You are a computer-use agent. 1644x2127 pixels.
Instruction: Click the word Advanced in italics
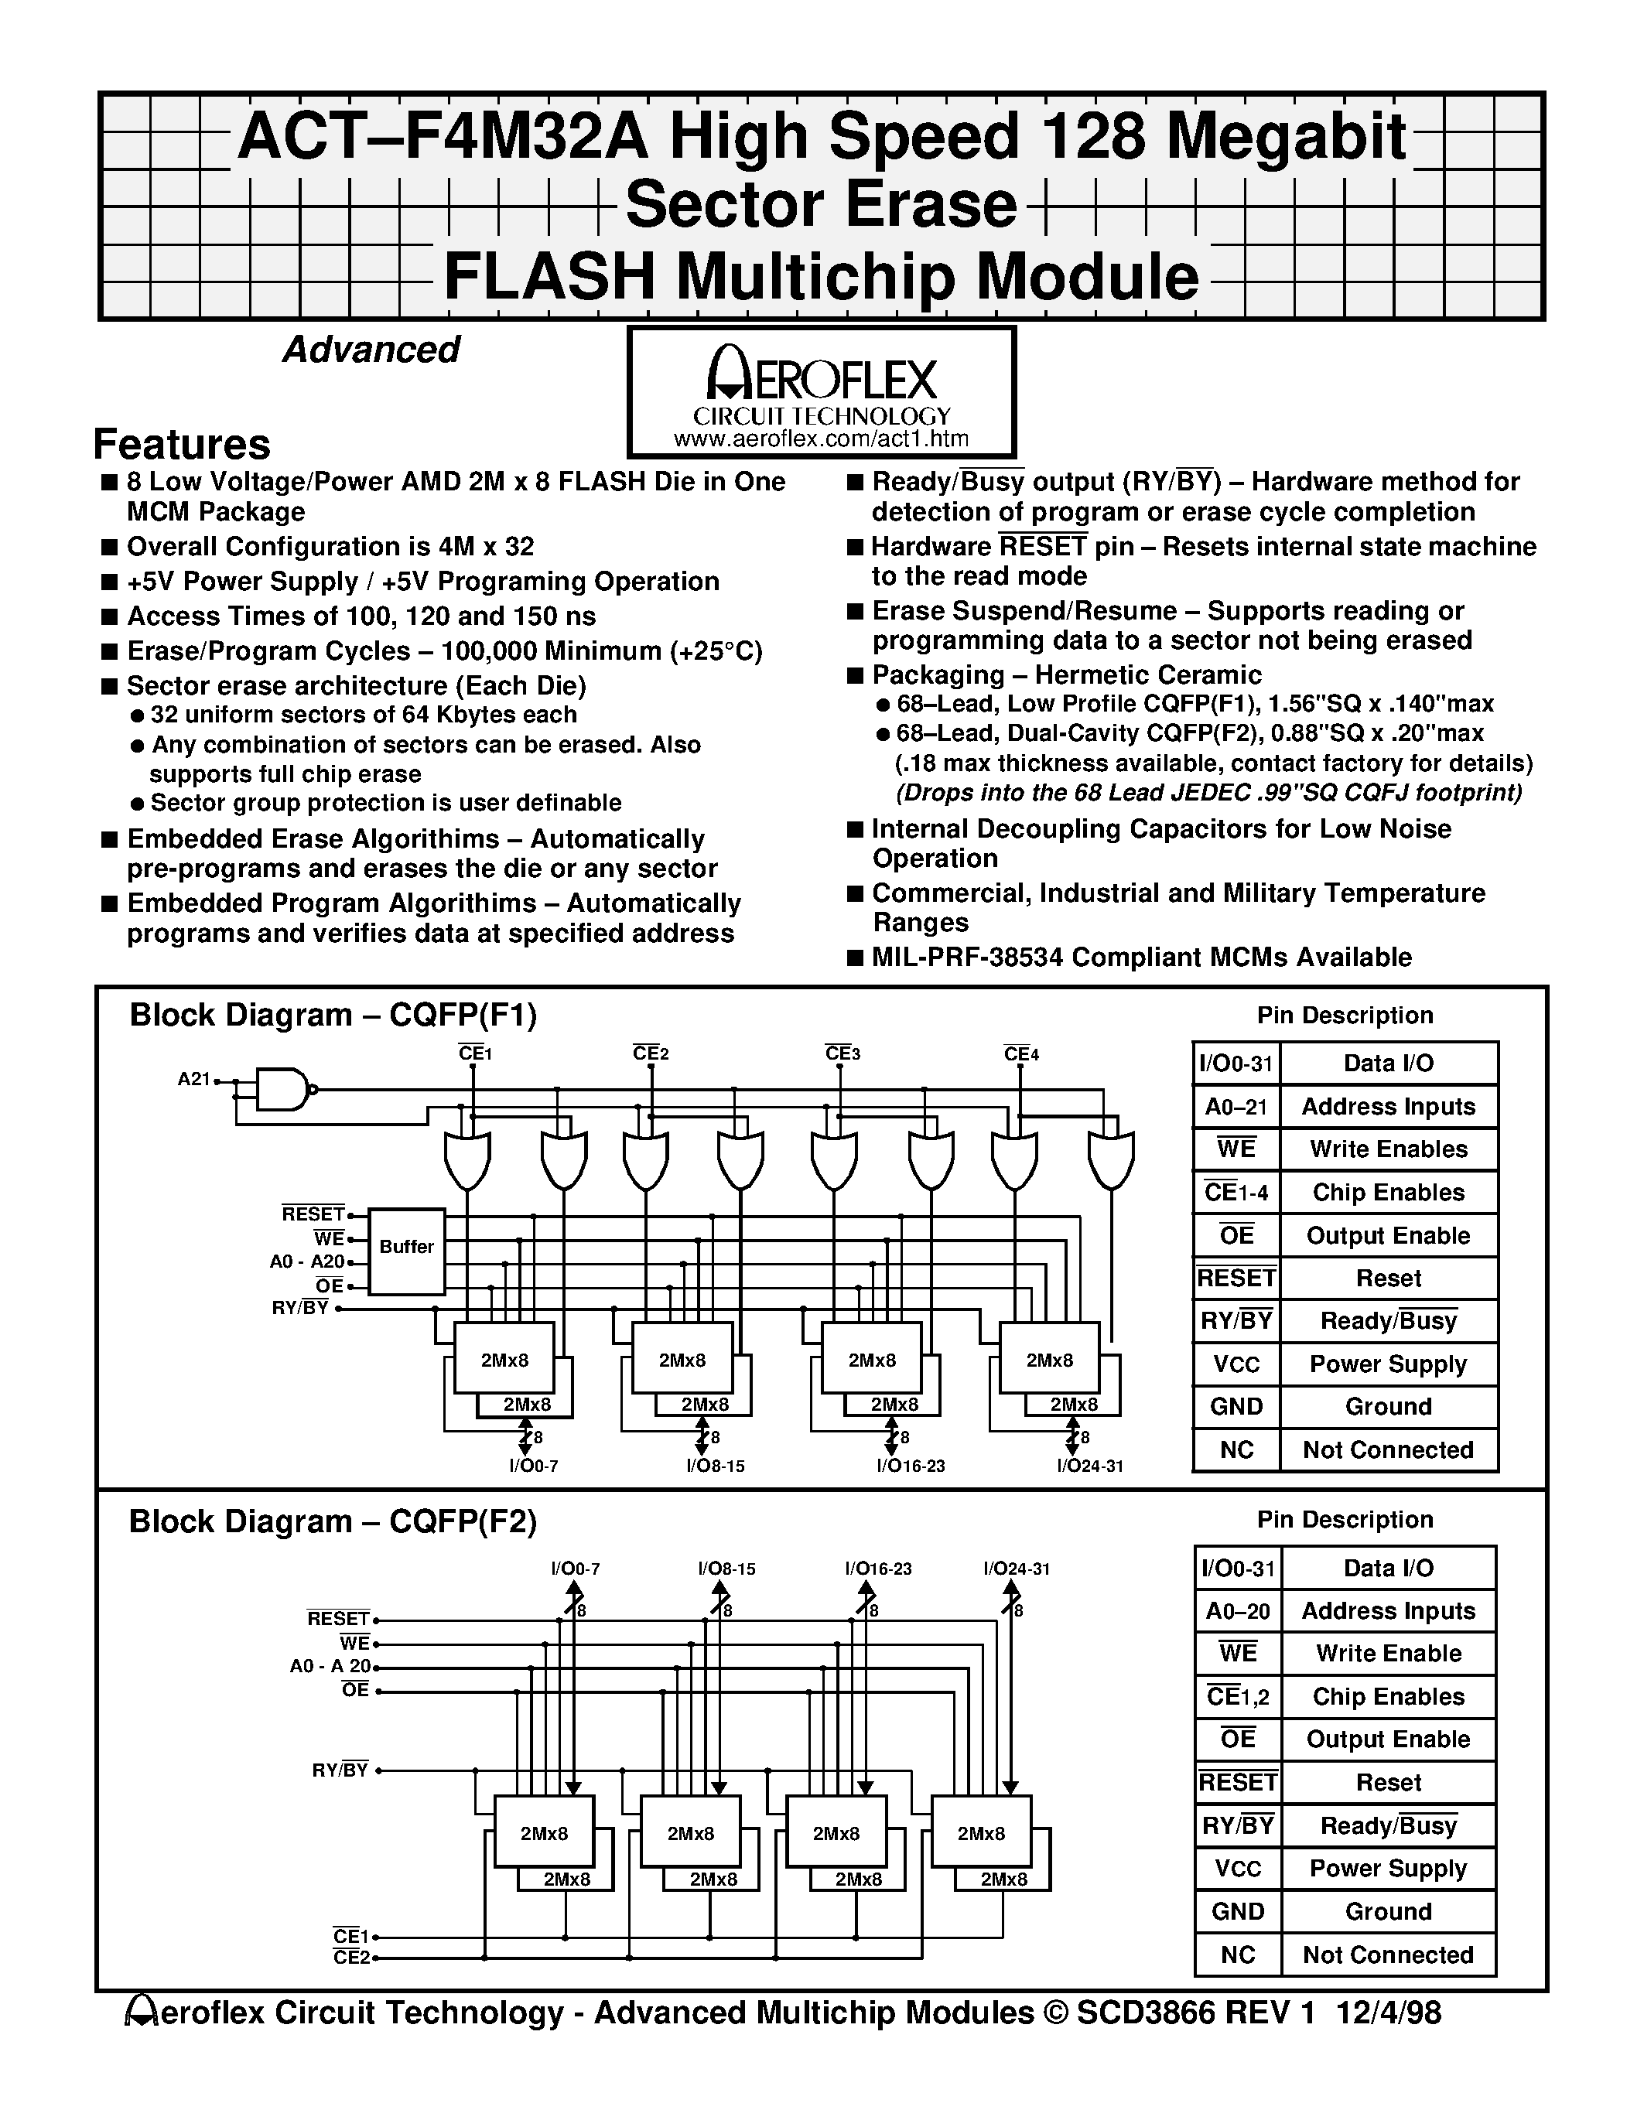click(x=371, y=350)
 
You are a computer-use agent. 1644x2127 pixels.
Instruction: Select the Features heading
click(x=181, y=444)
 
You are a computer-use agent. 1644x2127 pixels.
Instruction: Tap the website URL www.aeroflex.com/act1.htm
click(x=821, y=439)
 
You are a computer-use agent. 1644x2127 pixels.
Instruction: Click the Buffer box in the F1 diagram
click(x=407, y=1247)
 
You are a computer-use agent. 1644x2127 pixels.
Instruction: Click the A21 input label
click(x=194, y=1079)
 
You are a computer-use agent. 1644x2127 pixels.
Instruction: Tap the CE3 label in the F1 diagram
click(x=842, y=1053)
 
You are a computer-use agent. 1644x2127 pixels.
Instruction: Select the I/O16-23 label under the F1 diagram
click(x=911, y=1466)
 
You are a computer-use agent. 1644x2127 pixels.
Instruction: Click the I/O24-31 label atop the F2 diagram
click(x=1016, y=1569)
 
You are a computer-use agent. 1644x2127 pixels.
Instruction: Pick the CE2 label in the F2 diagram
click(x=350, y=1958)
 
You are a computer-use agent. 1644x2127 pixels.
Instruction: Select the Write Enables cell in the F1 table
click(x=1388, y=1149)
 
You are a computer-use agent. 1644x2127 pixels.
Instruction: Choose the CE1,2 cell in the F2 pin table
click(x=1237, y=1698)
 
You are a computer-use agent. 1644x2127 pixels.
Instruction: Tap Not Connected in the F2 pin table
click(x=1388, y=1955)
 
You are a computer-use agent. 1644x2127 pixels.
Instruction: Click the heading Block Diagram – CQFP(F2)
click(x=333, y=1521)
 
